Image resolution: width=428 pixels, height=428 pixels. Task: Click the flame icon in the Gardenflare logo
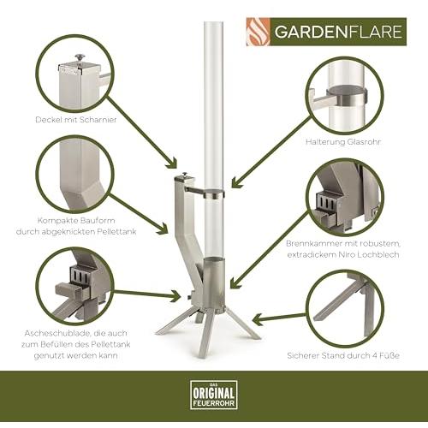(x=259, y=32)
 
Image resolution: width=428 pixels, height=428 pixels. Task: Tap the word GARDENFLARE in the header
(x=338, y=32)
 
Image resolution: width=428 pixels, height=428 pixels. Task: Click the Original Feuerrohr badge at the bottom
(x=214, y=395)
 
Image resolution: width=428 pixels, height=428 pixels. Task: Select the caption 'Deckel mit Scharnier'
(x=76, y=120)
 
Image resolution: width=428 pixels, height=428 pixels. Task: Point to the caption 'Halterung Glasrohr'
(x=343, y=142)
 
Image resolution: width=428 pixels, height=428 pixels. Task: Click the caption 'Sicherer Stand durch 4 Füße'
(x=343, y=356)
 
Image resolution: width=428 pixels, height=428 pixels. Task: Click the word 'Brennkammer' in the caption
(x=314, y=244)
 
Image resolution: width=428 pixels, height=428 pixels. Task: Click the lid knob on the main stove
(x=185, y=174)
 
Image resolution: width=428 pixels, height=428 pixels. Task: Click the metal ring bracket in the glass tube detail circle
(x=347, y=97)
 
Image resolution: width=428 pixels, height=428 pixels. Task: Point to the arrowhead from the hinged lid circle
(x=172, y=163)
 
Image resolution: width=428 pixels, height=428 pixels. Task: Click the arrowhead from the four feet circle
(x=259, y=319)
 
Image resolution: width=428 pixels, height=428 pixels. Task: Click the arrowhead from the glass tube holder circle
(x=236, y=182)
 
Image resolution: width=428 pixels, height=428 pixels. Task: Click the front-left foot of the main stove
(x=173, y=323)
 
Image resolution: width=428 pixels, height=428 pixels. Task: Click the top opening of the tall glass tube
(x=213, y=23)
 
